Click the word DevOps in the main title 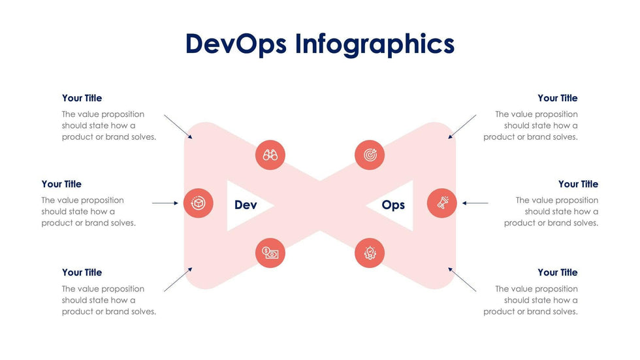pos(236,44)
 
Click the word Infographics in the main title pos(375,44)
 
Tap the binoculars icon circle pos(270,155)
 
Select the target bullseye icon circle pos(370,155)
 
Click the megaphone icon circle pos(442,203)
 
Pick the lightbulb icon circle pos(370,253)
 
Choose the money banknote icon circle pos(270,253)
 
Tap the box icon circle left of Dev pos(199,203)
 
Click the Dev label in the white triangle pos(246,205)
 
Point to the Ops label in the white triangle pos(393,205)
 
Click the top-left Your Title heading pos(82,98)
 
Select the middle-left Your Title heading pos(61,184)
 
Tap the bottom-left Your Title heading pos(82,272)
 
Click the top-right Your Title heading pos(558,98)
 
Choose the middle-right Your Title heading pos(579,184)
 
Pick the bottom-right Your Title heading pos(558,272)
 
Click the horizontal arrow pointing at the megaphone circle pos(475,203)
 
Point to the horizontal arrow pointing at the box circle pos(165,203)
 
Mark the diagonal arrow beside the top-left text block pos(178,127)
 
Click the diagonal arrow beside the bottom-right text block pos(462,280)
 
